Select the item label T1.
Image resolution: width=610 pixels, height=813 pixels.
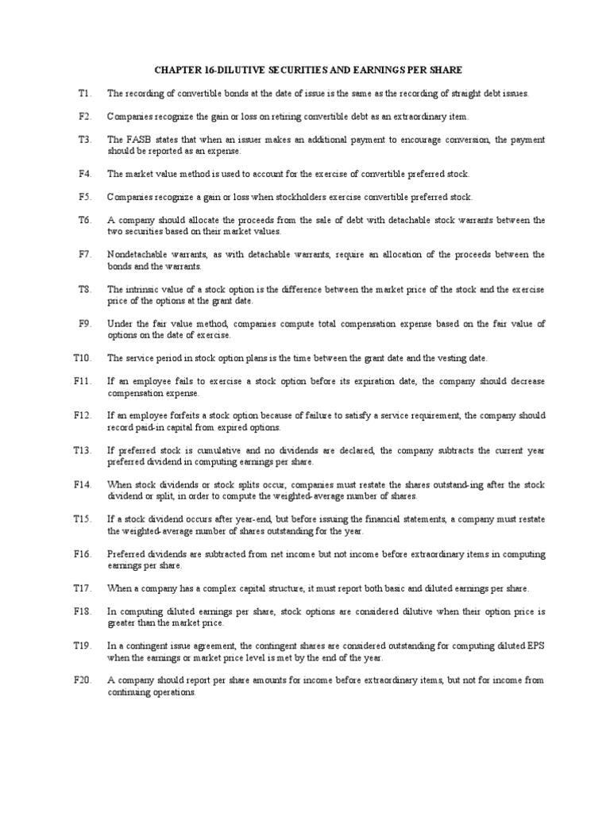(85, 93)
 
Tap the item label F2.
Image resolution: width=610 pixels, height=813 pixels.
(85, 116)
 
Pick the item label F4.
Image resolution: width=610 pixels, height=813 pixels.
(85, 173)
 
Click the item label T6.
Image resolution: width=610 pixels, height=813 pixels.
(85, 220)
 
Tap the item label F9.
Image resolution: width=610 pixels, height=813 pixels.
(85, 323)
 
